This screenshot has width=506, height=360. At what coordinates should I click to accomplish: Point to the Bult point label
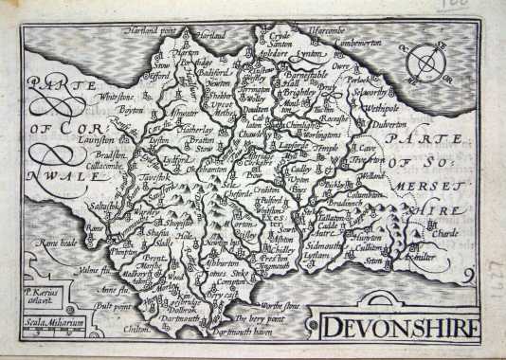pyautogui.click(x=110, y=305)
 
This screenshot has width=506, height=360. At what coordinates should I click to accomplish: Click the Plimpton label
pyautogui.click(x=127, y=254)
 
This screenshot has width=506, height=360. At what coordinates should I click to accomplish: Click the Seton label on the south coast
pyautogui.click(x=373, y=259)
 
